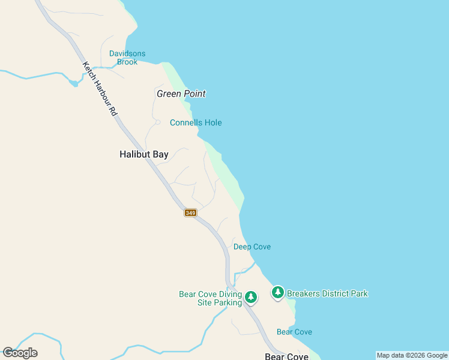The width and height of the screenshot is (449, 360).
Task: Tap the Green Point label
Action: coord(181,94)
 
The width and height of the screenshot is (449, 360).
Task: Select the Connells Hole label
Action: coord(196,123)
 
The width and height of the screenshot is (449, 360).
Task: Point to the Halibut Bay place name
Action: coord(144,154)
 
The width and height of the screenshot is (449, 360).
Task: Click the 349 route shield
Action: coord(190,213)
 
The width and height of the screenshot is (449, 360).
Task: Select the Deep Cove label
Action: coord(252,247)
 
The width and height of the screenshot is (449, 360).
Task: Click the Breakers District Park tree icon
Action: coord(277,293)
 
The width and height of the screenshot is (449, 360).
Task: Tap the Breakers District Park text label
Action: coord(327,293)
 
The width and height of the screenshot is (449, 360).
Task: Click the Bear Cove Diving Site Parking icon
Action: coord(251,296)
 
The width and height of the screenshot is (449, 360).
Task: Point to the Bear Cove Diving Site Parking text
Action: coord(211,298)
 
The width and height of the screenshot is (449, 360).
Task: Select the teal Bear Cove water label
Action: coord(294,332)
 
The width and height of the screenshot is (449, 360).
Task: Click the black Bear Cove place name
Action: coord(286,356)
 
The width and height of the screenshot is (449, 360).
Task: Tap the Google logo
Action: coord(20,353)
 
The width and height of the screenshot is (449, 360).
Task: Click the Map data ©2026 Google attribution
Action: coord(412,355)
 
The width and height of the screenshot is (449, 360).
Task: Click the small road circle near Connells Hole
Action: coord(158,122)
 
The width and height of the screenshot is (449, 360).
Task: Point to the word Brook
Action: coord(127,62)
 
